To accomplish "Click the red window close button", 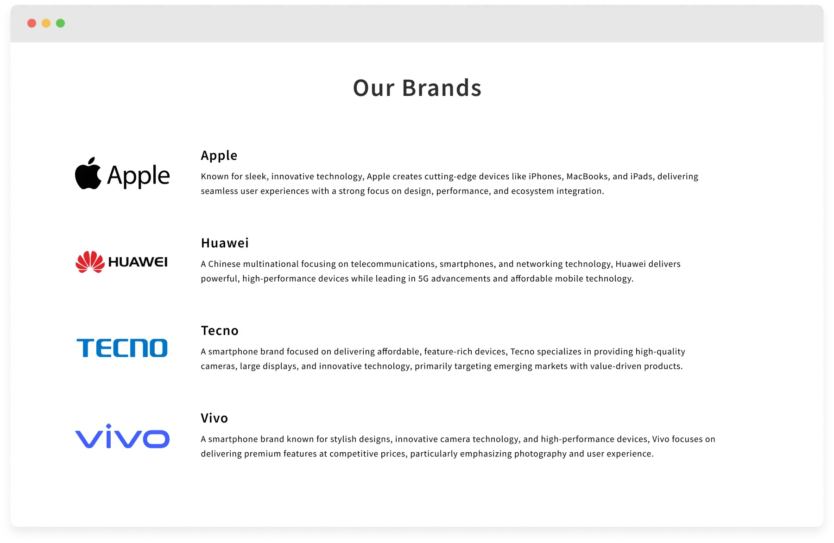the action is pyautogui.click(x=32, y=23).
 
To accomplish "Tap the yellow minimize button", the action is pyautogui.click(x=46, y=23).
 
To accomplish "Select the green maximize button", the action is pyautogui.click(x=60, y=23).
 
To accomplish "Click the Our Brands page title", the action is pyautogui.click(x=417, y=88).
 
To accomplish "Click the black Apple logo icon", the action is pyautogui.click(x=88, y=173).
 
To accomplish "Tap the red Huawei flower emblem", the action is pyautogui.click(x=90, y=262).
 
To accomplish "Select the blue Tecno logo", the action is pyautogui.click(x=122, y=348).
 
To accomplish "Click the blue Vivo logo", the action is pyautogui.click(x=122, y=436).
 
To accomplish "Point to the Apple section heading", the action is pyautogui.click(x=219, y=156).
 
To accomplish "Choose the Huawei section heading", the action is pyautogui.click(x=225, y=243).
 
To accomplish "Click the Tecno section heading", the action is pyautogui.click(x=220, y=330).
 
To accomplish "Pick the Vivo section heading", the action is pyautogui.click(x=215, y=418).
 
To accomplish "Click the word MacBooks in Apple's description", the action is pyautogui.click(x=588, y=177).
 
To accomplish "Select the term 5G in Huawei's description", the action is pyautogui.click(x=423, y=278).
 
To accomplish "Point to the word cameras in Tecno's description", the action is pyautogui.click(x=219, y=366).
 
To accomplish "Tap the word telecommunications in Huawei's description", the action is pyautogui.click(x=394, y=264).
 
